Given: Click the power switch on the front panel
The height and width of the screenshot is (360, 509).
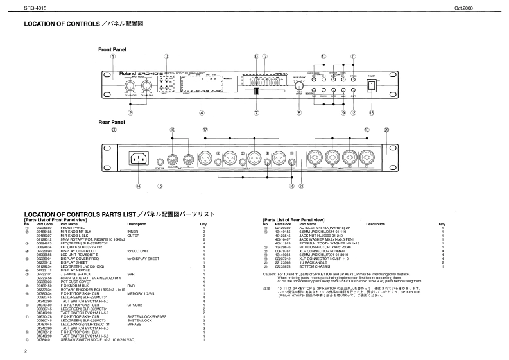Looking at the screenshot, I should click(x=370, y=86).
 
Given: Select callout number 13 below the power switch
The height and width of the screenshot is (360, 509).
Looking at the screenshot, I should click(x=370, y=113).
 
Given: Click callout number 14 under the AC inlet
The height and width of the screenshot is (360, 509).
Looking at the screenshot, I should click(x=138, y=186).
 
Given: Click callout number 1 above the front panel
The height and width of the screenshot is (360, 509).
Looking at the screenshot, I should click(x=113, y=56).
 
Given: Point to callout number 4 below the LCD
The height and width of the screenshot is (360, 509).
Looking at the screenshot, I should click(x=202, y=113).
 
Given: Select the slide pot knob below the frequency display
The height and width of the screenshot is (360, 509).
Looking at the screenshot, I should click(x=256, y=94).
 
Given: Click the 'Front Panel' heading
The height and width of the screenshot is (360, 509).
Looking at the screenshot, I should click(x=111, y=49).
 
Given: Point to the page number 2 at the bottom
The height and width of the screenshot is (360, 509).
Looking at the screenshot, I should click(x=25, y=351).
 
